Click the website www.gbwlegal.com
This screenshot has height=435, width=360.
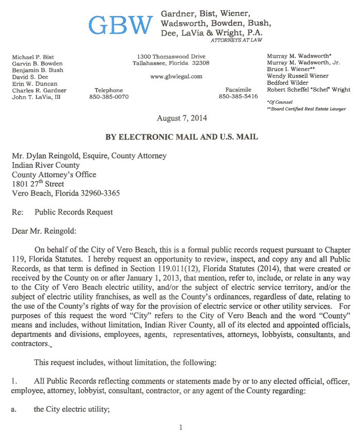coord(176,77)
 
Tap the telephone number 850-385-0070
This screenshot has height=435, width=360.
coord(109,97)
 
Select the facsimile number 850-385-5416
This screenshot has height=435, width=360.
coord(238,97)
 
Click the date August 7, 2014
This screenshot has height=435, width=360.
coord(182,118)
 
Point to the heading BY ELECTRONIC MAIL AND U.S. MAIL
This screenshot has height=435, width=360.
coord(182,137)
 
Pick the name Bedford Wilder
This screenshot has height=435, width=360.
coord(289,82)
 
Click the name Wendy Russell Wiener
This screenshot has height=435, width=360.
coord(297,76)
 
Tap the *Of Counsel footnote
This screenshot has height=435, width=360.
coord(280,102)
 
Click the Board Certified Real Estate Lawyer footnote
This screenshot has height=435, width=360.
coord(306,109)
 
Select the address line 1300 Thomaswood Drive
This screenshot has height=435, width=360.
coord(171,56)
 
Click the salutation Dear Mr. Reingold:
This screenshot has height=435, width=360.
coord(45,231)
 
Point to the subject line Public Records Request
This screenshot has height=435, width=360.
coord(74,212)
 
